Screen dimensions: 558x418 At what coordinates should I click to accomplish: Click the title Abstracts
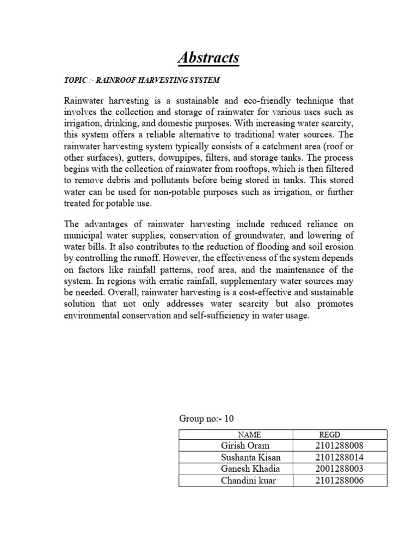(x=209, y=57)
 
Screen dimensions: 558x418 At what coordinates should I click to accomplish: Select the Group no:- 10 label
(x=206, y=418)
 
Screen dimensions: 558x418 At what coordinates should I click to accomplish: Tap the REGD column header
(x=329, y=434)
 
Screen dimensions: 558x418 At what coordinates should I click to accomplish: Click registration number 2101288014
(x=339, y=457)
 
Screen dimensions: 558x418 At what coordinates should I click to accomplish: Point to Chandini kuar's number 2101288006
(x=339, y=480)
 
